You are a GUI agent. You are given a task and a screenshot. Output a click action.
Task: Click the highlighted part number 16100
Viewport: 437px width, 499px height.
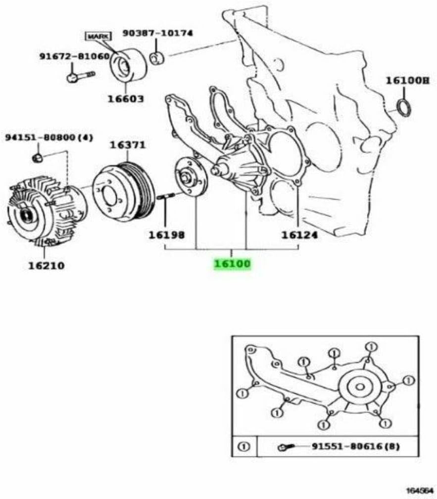pos(232,264)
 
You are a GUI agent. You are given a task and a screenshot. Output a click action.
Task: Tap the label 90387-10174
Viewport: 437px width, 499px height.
pos(165,34)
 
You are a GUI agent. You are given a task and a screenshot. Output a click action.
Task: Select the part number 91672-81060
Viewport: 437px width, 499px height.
pos(74,56)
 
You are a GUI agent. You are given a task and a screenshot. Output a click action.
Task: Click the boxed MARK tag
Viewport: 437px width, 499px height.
pos(98,36)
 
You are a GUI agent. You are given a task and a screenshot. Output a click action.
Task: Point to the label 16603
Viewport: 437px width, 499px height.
pos(126,98)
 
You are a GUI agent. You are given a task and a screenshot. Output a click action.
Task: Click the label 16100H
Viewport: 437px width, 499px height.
pos(407,81)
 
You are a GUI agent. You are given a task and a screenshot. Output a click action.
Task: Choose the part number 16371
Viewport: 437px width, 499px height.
pos(127,145)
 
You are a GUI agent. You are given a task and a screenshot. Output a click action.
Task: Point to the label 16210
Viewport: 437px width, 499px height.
pos(46,266)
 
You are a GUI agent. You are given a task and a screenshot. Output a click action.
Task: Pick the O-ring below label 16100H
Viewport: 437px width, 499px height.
pos(404,107)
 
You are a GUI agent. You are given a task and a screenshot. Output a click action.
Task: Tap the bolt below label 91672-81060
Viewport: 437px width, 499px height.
pos(79,76)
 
